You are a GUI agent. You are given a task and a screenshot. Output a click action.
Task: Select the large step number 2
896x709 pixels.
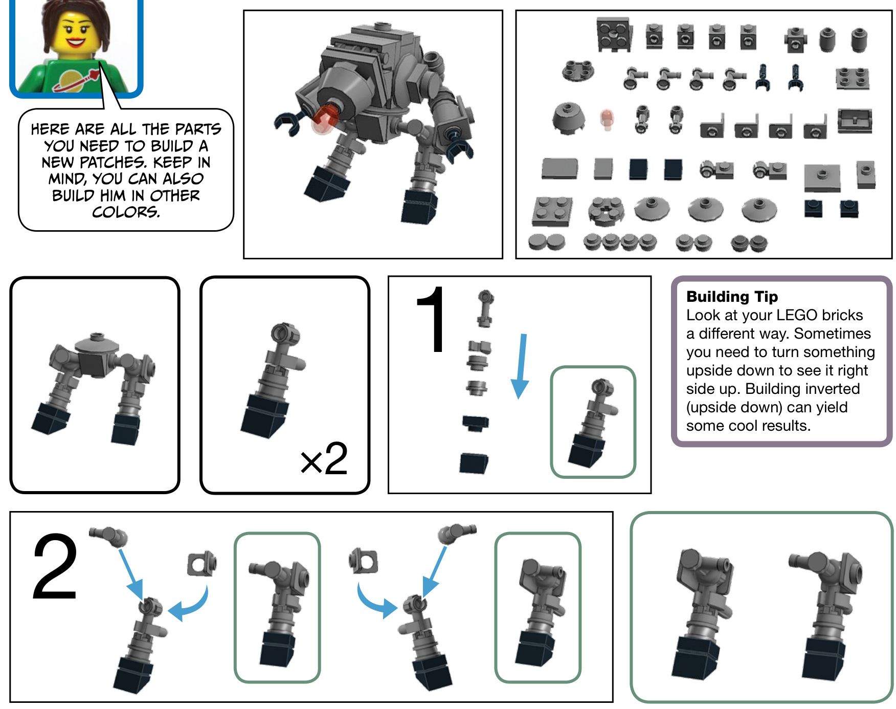click(55, 566)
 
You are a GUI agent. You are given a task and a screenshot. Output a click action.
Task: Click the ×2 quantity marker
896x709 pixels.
click(324, 458)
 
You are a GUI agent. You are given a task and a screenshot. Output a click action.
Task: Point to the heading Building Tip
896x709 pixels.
click(732, 297)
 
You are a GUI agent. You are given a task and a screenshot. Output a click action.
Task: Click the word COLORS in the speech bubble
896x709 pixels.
click(126, 212)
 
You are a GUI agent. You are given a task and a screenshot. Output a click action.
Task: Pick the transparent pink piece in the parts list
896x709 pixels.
click(607, 119)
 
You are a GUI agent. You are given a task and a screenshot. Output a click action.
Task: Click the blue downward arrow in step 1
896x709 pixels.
click(521, 366)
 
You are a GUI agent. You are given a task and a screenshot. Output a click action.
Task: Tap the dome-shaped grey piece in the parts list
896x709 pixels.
click(568, 118)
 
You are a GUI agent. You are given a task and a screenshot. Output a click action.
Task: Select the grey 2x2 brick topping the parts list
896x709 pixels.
click(614, 34)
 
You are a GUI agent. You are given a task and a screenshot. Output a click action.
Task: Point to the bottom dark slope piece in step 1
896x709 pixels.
click(474, 463)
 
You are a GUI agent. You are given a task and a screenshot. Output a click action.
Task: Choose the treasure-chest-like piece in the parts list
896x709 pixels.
click(855, 121)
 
